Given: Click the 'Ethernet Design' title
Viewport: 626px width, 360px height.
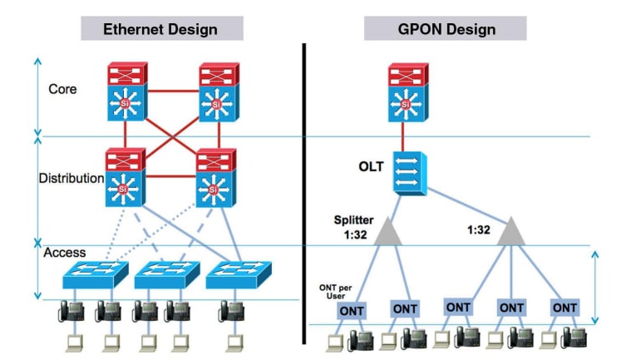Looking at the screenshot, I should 160,29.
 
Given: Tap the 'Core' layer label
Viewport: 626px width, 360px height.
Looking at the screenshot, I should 63,88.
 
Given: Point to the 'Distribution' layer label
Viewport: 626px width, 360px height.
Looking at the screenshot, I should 71,178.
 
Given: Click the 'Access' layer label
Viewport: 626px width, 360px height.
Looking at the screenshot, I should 65,252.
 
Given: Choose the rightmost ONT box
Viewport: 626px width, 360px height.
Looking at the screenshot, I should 564,307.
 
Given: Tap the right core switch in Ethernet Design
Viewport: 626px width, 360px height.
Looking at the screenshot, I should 217,91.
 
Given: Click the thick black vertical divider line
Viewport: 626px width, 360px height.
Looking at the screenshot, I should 303,191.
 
